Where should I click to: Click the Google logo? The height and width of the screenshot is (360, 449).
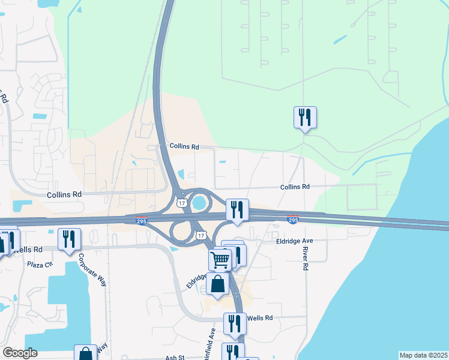tap(20, 353)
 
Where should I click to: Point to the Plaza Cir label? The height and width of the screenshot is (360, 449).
tap(40, 263)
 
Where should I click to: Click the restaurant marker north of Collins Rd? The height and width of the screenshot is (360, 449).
tap(305, 117)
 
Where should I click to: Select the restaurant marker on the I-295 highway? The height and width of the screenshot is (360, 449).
tap(237, 209)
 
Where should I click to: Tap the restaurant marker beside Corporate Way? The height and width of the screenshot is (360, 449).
tap(69, 239)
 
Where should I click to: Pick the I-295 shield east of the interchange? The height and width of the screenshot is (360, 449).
tap(293, 221)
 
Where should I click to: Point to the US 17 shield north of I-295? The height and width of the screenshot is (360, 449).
tap(182, 203)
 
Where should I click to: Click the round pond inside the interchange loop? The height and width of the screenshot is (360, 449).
tap(198, 203)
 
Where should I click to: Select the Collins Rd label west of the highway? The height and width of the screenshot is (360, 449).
tap(64, 194)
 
